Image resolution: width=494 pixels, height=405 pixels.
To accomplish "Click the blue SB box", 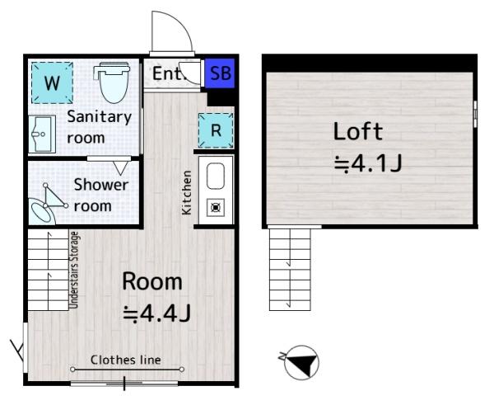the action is [220, 73].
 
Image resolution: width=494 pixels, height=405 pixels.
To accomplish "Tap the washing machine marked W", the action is [53, 83].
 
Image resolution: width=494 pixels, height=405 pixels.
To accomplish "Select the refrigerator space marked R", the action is [216, 130].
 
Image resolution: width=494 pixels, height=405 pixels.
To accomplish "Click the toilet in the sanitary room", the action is [113, 82].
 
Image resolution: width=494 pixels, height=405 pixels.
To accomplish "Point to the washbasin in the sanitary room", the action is [42, 134].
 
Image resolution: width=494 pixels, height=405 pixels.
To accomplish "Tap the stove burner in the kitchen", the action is [216, 207].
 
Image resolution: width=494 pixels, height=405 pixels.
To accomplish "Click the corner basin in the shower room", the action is [42, 211].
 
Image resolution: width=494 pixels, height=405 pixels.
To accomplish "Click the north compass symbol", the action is [302, 362].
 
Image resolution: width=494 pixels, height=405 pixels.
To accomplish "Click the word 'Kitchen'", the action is [187, 193].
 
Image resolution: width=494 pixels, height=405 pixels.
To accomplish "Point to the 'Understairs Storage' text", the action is [74, 270].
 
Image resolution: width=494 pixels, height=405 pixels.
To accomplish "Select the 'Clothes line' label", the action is [126, 360].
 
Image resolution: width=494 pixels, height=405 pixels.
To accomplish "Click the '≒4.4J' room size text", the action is [156, 313].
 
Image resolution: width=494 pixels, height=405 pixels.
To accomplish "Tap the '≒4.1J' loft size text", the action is [368, 164].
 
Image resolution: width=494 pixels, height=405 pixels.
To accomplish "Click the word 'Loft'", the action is [358, 131].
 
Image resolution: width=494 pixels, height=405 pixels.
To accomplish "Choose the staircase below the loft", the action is [290, 269].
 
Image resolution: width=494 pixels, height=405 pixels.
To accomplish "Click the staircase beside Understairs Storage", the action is [49, 270].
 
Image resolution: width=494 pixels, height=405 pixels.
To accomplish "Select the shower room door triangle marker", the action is [120, 168].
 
